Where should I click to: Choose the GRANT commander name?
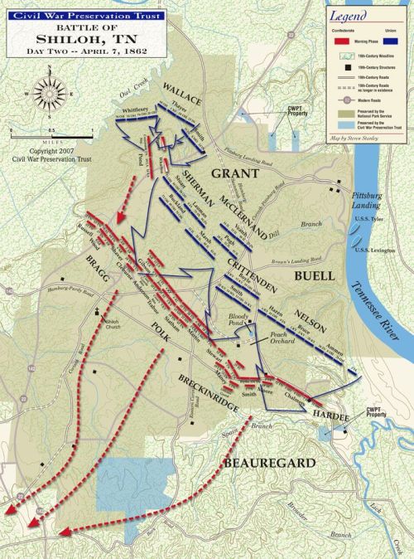point(235,173)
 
